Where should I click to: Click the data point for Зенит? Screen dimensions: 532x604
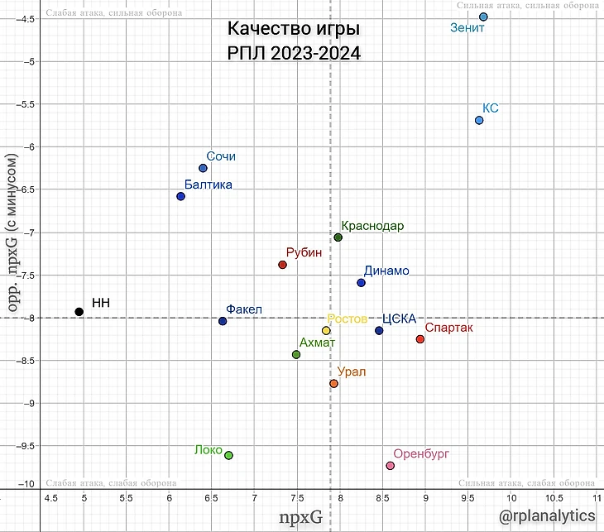point(483,17)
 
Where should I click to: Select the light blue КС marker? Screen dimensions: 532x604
point(479,120)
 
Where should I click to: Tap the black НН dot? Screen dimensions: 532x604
point(79,312)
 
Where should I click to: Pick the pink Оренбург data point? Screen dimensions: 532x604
point(391,466)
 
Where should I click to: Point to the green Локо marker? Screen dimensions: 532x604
point(229,455)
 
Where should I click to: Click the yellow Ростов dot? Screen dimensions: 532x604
point(326,331)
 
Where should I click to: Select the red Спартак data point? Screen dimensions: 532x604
point(420,339)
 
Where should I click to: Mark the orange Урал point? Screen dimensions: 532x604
point(333,384)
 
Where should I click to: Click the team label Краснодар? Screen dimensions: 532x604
point(372,226)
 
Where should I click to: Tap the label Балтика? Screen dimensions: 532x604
point(208,185)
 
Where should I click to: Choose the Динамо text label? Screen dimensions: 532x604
point(386,271)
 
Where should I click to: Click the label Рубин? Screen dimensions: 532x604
point(304,253)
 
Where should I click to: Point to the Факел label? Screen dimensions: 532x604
point(244,310)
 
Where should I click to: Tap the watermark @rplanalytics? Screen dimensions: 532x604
point(547,515)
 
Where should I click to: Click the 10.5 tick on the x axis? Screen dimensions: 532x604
point(553,498)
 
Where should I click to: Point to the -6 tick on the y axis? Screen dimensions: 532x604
point(30,147)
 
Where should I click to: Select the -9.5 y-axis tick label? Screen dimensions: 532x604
point(26,445)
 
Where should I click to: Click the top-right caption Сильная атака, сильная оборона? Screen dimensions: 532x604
point(525,6)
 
